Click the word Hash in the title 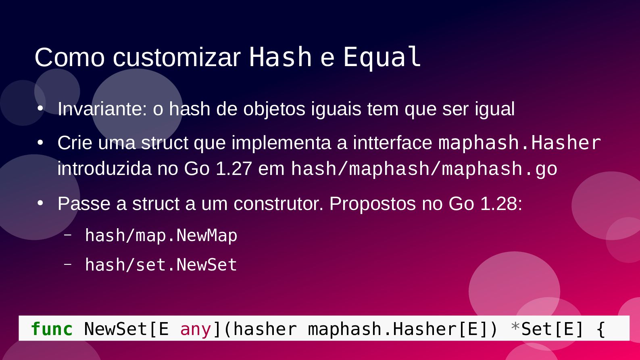pos(280,57)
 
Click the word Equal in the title pos(382,58)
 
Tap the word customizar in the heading pos(177,58)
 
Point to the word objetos pos(274,110)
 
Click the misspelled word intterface pos(392,143)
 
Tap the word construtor pos(278,204)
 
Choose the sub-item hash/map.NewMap pos(161,236)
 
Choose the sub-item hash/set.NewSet pos(161,264)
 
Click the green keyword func pos(52,329)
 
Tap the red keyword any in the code pos(196,330)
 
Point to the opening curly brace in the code pos(600,329)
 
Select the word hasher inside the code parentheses pos(265,329)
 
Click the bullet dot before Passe pos(40,203)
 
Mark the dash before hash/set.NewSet pos(68,264)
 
